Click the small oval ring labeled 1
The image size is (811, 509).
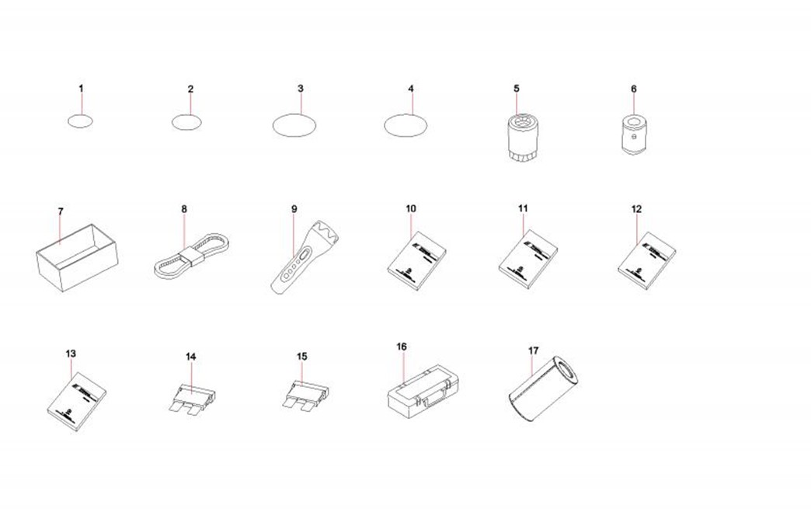point(80,115)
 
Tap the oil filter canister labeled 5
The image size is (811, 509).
point(522,136)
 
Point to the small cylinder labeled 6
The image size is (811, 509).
point(634,135)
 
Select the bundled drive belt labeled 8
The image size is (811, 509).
point(191,256)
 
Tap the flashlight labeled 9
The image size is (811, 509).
point(305,256)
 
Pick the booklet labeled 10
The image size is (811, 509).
point(417,260)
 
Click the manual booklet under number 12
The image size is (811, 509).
point(647,260)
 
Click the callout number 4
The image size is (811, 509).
point(411,89)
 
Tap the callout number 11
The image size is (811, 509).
point(523,208)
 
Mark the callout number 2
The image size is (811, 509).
point(190,89)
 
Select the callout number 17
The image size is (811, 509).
point(533,350)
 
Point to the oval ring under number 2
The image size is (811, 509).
point(186,115)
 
